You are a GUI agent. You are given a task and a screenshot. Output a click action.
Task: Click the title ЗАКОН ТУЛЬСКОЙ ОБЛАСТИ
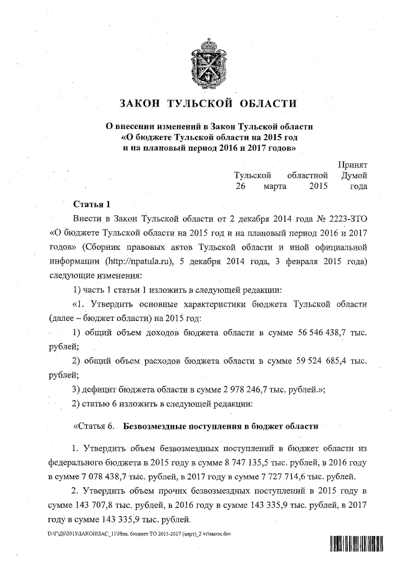(199, 103)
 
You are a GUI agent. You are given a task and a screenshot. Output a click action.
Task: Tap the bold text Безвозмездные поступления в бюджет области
(221, 428)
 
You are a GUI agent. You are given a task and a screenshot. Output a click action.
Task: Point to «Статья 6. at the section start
(94, 428)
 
